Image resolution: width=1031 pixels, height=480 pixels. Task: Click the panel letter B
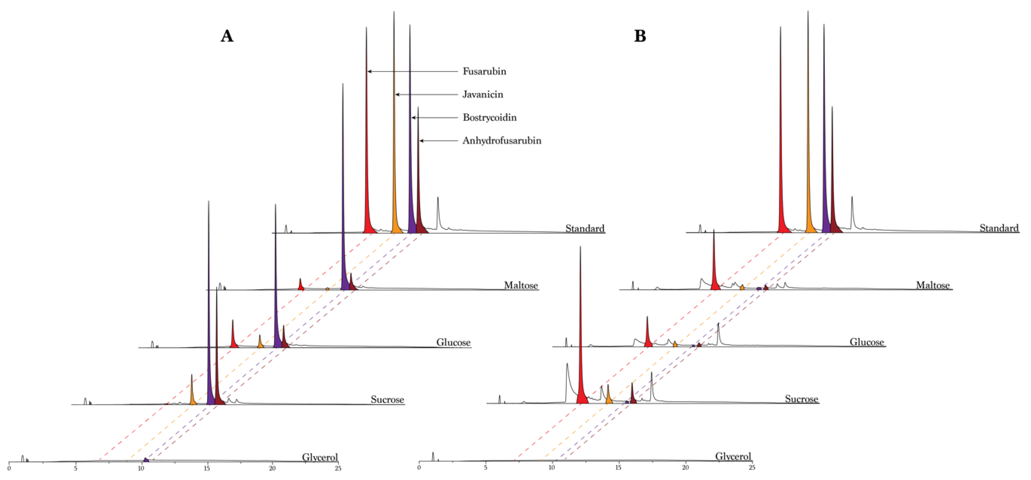[x=640, y=36]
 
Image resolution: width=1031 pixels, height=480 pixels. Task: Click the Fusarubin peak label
[x=484, y=71]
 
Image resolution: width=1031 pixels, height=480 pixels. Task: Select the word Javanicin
[x=483, y=94]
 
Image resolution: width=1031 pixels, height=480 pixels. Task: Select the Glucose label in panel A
[x=453, y=342]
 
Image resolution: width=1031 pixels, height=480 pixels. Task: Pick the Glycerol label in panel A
[x=319, y=457]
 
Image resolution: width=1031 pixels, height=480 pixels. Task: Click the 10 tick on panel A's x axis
[x=141, y=468]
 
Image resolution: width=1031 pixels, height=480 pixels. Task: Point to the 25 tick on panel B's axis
[x=752, y=468]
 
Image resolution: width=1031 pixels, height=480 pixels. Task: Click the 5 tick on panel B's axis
[x=485, y=468]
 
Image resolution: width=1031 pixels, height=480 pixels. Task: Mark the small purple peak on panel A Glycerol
[x=146, y=460]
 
